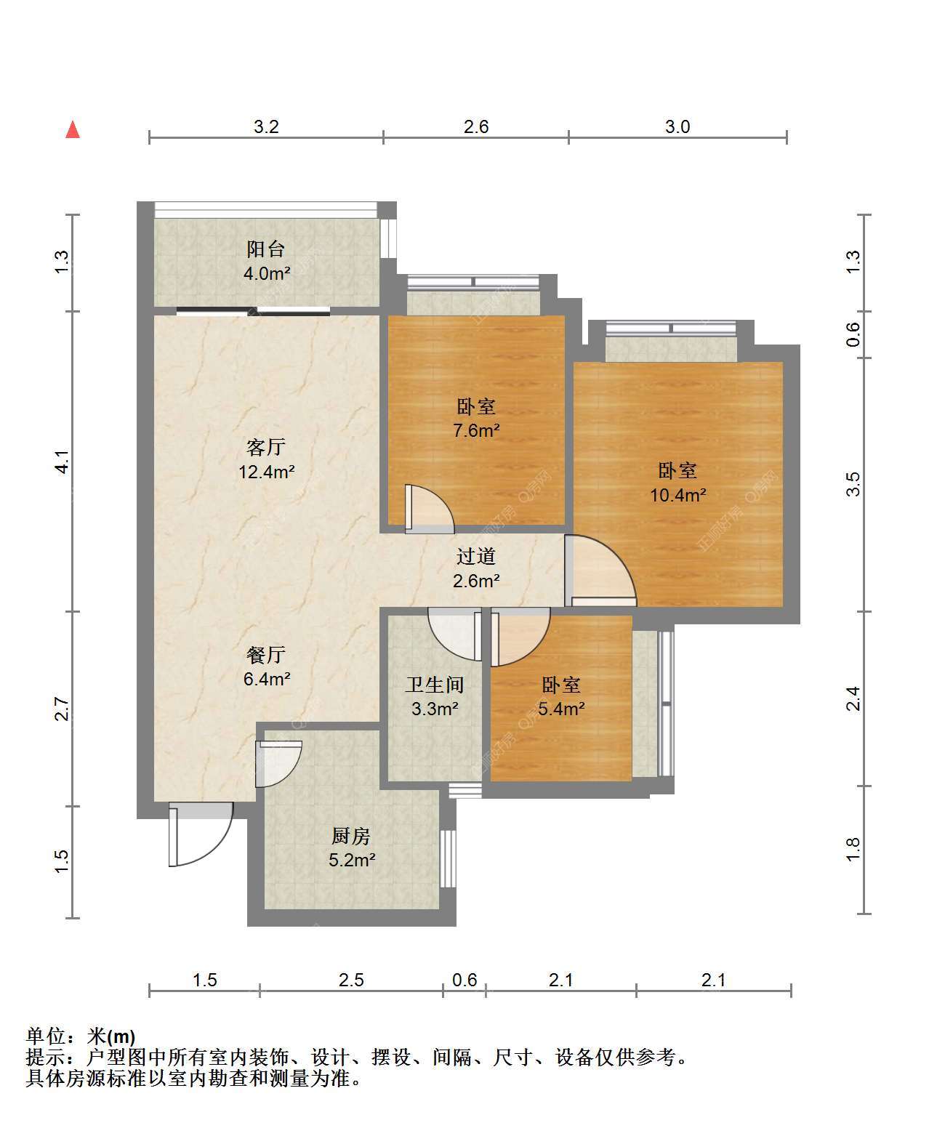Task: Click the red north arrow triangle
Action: click(x=73, y=130)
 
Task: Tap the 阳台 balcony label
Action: click(x=266, y=249)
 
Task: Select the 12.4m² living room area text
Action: click(x=266, y=472)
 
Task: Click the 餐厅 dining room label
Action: click(x=266, y=655)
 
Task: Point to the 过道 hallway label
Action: click(x=476, y=556)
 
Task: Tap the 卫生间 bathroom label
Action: click(x=435, y=685)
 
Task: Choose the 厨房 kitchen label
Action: click(x=351, y=837)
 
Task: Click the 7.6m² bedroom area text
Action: click(x=476, y=430)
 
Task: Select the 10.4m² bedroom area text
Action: click(x=677, y=495)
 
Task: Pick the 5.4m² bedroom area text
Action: click(x=561, y=709)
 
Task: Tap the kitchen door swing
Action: click(x=278, y=763)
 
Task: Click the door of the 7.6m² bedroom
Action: click(x=430, y=509)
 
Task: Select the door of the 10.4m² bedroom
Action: click(x=600, y=571)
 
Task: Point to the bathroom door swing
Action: click(x=454, y=634)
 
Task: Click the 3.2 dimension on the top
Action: click(x=266, y=127)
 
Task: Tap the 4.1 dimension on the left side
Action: click(x=63, y=462)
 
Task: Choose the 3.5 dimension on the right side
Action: click(x=853, y=484)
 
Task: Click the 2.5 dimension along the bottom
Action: click(x=351, y=980)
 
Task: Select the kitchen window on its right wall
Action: click(x=448, y=858)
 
